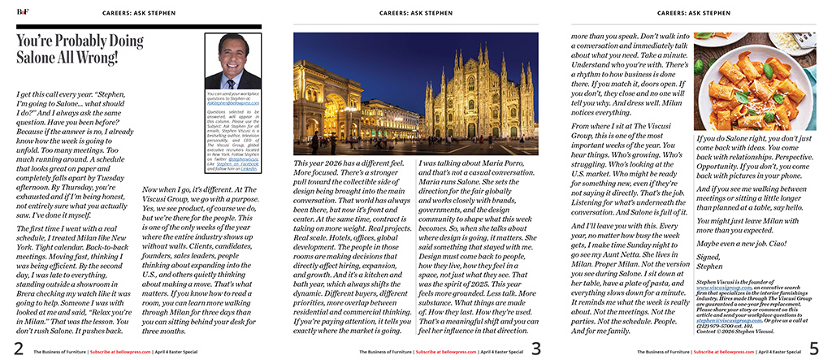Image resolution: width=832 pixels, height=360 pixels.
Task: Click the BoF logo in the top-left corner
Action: (x=11, y=11)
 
